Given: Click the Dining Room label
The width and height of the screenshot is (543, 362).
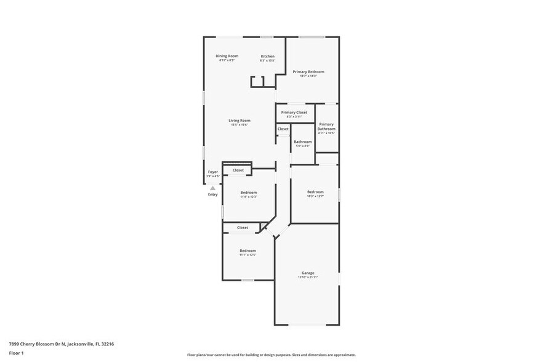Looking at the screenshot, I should point(227,56).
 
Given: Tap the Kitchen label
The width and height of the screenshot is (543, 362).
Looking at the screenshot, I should point(267,56).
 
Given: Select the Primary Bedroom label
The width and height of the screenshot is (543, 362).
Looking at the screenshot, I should point(308,71).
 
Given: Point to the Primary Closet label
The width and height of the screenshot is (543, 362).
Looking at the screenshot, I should point(294,113).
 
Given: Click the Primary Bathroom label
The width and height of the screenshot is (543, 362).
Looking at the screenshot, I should point(326,126).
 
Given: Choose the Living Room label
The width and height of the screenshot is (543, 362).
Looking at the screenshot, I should point(239,121).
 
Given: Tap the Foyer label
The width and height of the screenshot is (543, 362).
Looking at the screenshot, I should point(212,172).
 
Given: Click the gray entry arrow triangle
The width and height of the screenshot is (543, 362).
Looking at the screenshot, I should point(212,188).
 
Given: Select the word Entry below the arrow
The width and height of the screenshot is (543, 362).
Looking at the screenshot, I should point(212,195).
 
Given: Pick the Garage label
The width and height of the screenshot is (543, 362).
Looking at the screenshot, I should point(308,273).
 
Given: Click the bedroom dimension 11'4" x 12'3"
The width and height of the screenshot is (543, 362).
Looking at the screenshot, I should point(248,197).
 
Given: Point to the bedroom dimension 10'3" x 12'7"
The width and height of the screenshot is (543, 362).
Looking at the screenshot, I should point(315,196).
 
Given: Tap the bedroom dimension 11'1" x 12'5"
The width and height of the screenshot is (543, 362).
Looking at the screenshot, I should point(248,255).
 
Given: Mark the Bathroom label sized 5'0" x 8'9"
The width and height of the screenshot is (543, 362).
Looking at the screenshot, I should point(302,142).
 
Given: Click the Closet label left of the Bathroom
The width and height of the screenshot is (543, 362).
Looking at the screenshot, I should point(283,129).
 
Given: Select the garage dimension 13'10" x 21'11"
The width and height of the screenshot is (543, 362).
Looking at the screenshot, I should point(308,278).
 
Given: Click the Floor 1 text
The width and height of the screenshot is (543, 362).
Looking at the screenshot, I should point(16,353).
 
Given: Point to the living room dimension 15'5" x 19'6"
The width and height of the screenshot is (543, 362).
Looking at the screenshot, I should point(239,125).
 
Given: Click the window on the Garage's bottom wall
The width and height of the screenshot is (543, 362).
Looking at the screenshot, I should point(307,324).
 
